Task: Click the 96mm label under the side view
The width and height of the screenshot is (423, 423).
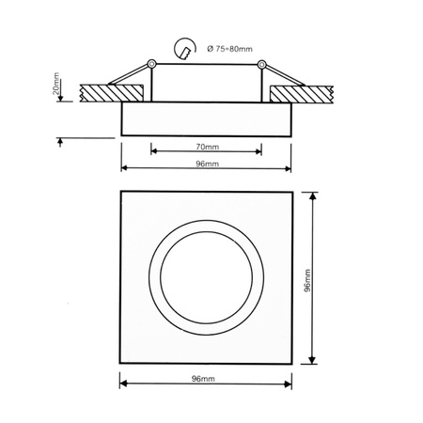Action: tap(204, 164)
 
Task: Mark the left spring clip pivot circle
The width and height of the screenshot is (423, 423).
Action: tap(151, 64)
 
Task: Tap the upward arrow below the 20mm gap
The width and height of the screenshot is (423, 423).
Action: tap(60, 141)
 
